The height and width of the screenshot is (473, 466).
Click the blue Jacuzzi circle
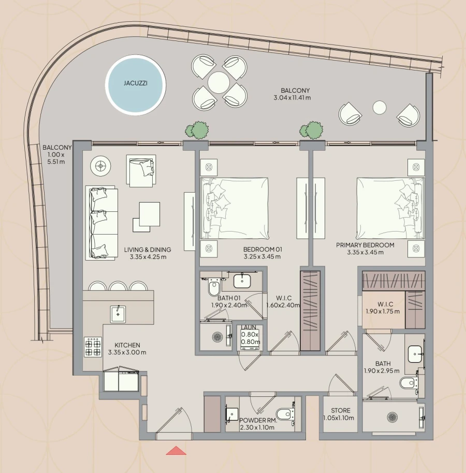pyautogui.click(x=136, y=85)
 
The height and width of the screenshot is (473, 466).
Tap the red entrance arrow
pyautogui.click(x=176, y=451)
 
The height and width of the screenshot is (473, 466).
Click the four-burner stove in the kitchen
pyautogui.click(x=93, y=348)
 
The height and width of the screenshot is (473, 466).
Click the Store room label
pyautogui.click(x=340, y=414)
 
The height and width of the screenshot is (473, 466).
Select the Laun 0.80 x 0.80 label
pyautogui.click(x=250, y=335)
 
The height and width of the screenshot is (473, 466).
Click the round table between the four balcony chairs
pyautogui.click(x=219, y=82)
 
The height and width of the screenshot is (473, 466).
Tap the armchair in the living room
pyautogui.click(x=140, y=170)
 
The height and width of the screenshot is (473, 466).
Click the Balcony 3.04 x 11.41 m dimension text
pyautogui.click(x=293, y=94)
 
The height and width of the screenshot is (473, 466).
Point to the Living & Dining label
pyautogui.click(x=148, y=253)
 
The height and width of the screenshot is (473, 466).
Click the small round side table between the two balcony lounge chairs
pyautogui.click(x=380, y=107)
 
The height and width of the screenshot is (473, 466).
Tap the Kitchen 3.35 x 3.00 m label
pyautogui.click(x=127, y=349)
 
